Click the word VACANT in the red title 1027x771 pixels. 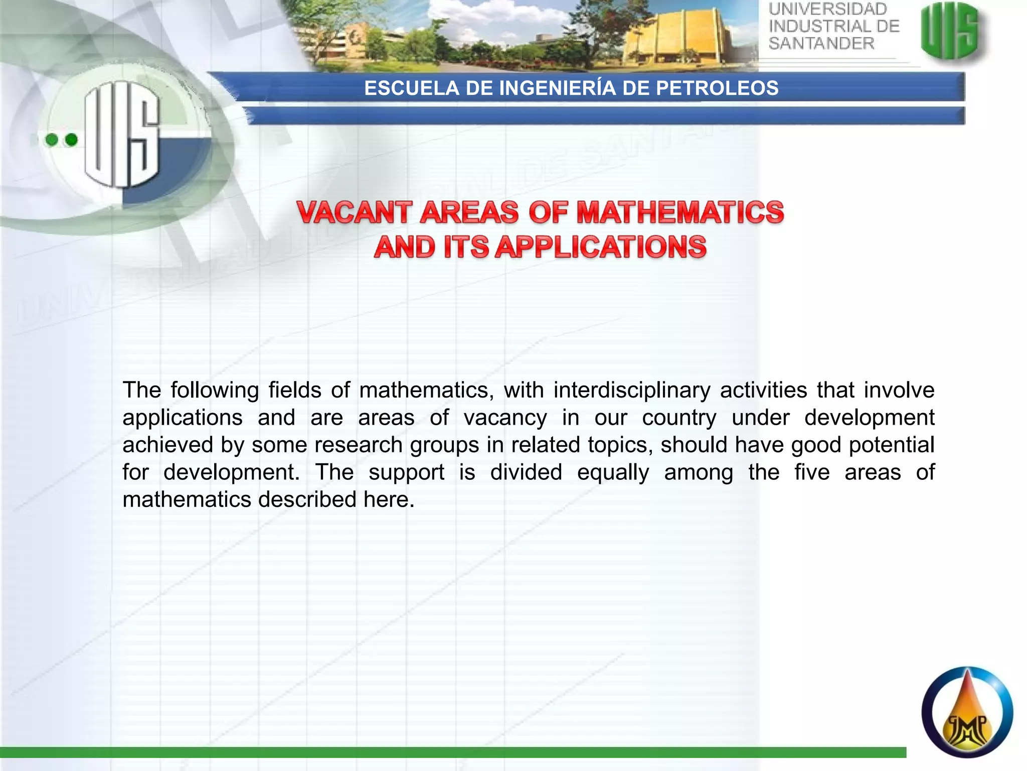click(354, 212)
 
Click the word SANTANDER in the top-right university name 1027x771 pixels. click(821, 44)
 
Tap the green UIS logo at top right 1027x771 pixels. click(949, 31)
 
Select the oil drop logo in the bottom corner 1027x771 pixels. click(967, 712)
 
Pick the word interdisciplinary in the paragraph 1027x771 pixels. click(632, 391)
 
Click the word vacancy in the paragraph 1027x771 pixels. click(505, 418)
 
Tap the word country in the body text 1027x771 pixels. click(679, 418)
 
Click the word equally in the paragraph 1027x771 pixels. click(613, 472)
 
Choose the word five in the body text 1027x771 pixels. click(812, 472)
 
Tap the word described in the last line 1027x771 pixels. click(307, 499)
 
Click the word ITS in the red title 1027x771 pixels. click(466, 247)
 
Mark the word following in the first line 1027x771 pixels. click(215, 391)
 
